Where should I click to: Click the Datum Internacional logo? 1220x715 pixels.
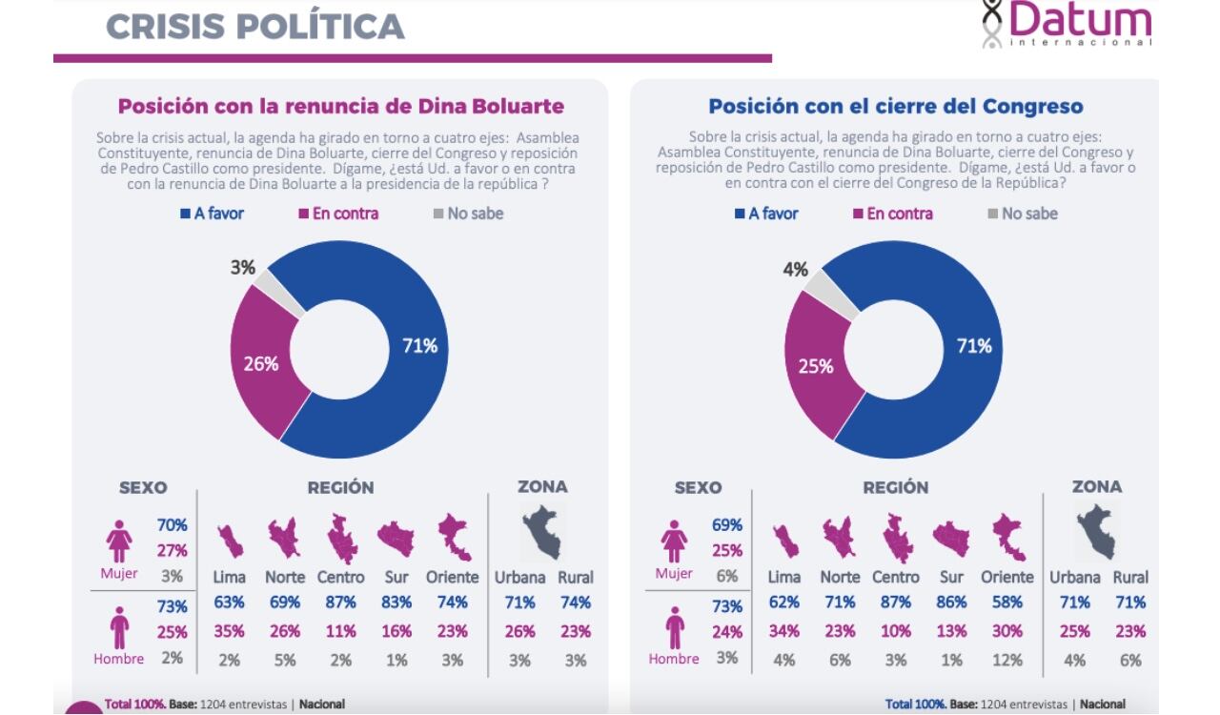pos(1067,24)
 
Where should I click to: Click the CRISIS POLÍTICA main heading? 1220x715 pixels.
pos(255,26)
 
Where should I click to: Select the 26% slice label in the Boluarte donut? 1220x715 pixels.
pos(260,363)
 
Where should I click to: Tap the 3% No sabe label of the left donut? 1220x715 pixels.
pos(242,268)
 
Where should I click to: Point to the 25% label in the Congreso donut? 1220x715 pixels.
pos(815,365)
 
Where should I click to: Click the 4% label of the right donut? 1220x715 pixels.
pos(795,270)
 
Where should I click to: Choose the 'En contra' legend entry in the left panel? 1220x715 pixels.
pos(338,214)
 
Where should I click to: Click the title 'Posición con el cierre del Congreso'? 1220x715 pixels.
pos(895,107)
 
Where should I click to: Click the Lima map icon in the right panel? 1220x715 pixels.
pos(786,541)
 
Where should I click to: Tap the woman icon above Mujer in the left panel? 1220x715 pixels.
pos(119,541)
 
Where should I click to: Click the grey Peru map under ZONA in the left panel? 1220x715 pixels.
pos(542,532)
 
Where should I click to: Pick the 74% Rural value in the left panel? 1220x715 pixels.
pos(575,603)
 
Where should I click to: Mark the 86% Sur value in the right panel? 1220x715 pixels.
pos(951,603)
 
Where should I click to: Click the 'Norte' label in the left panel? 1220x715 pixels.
pos(284,578)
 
